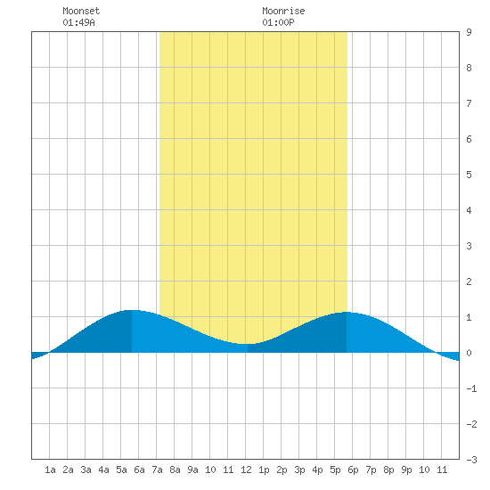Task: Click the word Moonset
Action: pos(81,11)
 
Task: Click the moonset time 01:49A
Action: pos(78,22)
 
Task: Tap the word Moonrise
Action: pos(283,11)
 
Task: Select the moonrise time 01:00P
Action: pos(278,22)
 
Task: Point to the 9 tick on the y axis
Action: pos(469,32)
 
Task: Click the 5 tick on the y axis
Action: pos(469,175)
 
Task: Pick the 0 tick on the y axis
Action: pos(469,353)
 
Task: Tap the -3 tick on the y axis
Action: pos(471,460)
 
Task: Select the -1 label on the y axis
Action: pos(471,388)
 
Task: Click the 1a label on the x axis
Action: pos(50,470)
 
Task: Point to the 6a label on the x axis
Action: pos(139,470)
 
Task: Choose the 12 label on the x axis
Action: pos(246,470)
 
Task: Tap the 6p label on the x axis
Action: pos(353,470)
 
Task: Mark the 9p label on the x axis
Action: pos(406,470)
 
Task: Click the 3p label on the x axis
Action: pos(299,470)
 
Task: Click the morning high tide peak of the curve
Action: pos(132,310)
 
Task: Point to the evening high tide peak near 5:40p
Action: pos(347,312)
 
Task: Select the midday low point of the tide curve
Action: pos(248,344)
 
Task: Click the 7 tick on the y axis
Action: pos(469,103)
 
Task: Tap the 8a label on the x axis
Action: pos(175,470)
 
